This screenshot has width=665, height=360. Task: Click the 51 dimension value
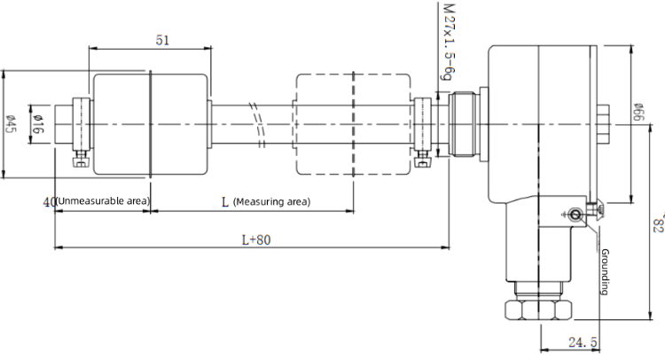click(x=162, y=40)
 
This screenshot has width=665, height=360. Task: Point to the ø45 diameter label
click(x=10, y=124)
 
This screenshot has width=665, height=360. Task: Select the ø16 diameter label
click(x=38, y=124)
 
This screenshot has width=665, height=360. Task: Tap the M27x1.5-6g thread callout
click(x=449, y=42)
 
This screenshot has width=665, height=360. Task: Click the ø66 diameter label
click(x=638, y=112)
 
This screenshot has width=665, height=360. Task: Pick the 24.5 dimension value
click(x=583, y=341)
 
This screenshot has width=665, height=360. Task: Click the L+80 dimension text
click(x=256, y=240)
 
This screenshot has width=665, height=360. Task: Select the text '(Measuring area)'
click(x=272, y=202)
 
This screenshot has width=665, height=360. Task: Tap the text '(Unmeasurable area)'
click(x=103, y=201)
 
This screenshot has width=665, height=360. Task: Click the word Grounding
click(x=606, y=271)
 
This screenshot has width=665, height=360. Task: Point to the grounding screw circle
click(x=575, y=215)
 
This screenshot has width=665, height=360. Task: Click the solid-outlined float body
click(x=151, y=124)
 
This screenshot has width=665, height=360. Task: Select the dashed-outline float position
click(x=353, y=124)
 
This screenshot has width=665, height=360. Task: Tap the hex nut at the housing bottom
click(x=538, y=310)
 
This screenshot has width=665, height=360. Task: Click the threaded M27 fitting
click(x=464, y=124)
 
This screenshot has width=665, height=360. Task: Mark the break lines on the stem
click(x=258, y=125)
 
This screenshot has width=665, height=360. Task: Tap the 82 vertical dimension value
click(x=659, y=223)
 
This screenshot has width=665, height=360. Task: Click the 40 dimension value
click(x=49, y=202)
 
